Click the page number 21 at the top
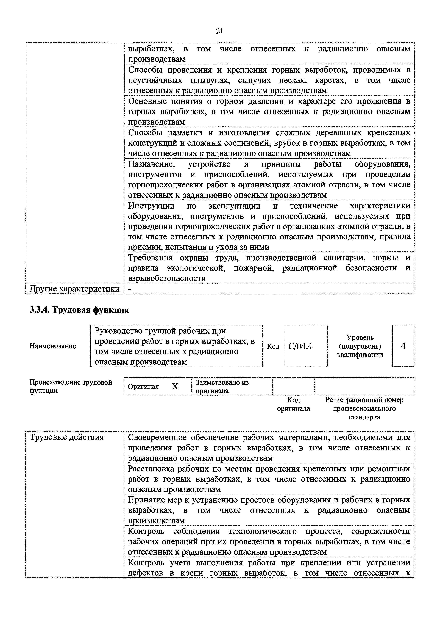pos(220,31)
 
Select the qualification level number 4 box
pos(403,346)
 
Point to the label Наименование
pos(53,346)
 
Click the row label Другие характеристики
pos(74,289)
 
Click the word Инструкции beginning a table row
pos(151,206)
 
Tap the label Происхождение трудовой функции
pos(70,386)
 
